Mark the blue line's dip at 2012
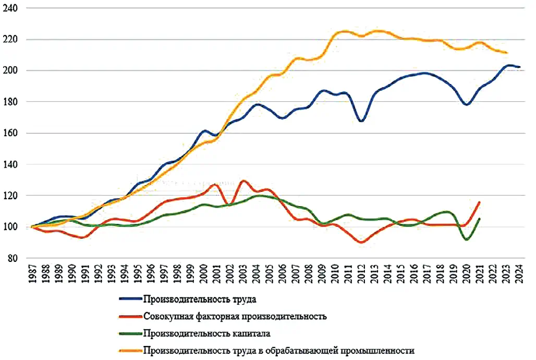(x=361, y=121)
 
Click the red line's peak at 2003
(x=243, y=181)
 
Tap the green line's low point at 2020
(x=466, y=239)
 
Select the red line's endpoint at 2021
(x=479, y=202)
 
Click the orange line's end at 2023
(x=506, y=53)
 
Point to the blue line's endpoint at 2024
(x=519, y=67)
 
